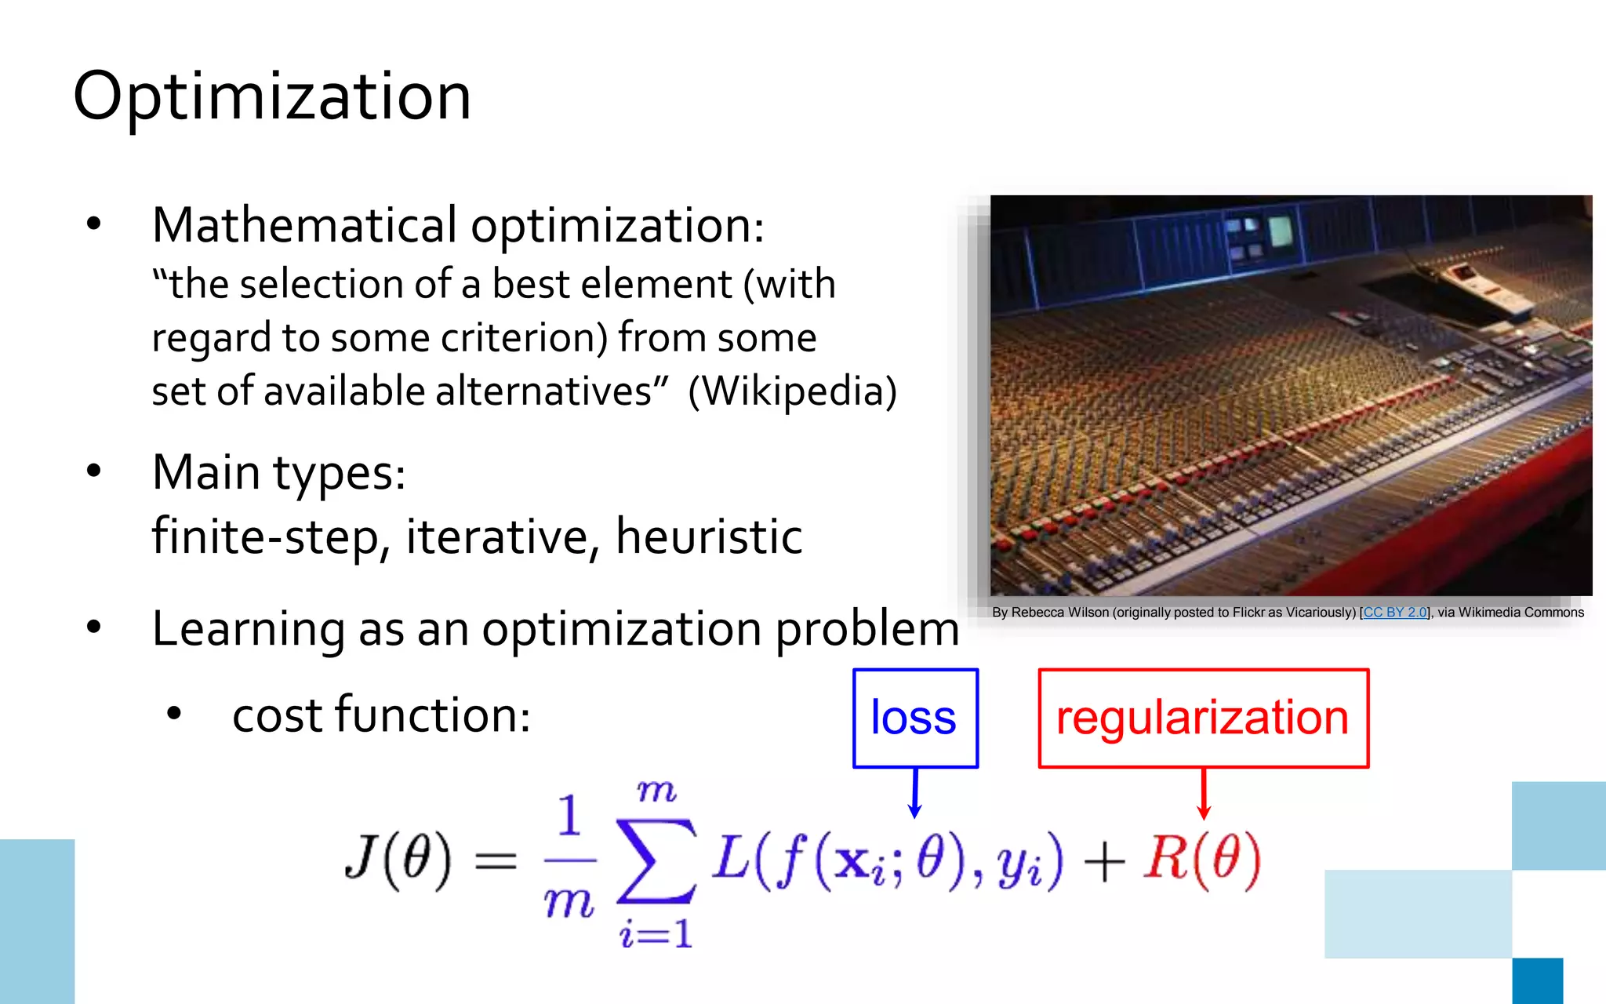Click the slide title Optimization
272,96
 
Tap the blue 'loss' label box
914,718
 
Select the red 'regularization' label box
1202,718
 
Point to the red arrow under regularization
1204,794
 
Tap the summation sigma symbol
656,860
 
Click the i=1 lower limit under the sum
656,933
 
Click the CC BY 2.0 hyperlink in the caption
1395,613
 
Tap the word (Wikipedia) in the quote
792,391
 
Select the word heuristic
709,537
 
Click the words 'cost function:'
381,715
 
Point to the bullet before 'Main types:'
94,471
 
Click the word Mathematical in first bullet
304,226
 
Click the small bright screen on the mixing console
1280,231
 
